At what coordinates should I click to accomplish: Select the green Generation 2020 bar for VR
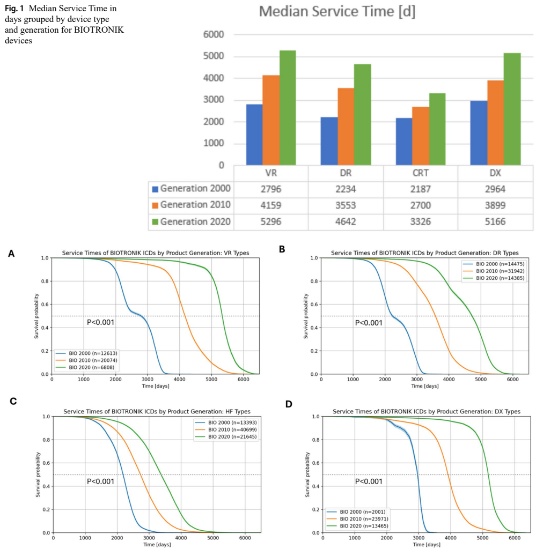(x=288, y=107)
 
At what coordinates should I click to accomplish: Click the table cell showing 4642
(x=346, y=221)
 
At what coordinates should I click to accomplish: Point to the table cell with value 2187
(x=420, y=189)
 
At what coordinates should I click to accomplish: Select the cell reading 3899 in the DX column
(x=495, y=205)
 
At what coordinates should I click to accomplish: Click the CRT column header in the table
(x=420, y=174)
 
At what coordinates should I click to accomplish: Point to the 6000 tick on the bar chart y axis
(x=213, y=35)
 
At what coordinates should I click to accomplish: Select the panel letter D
(x=289, y=403)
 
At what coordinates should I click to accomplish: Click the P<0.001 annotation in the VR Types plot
(x=100, y=323)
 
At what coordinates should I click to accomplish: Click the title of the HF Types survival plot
(x=157, y=411)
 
